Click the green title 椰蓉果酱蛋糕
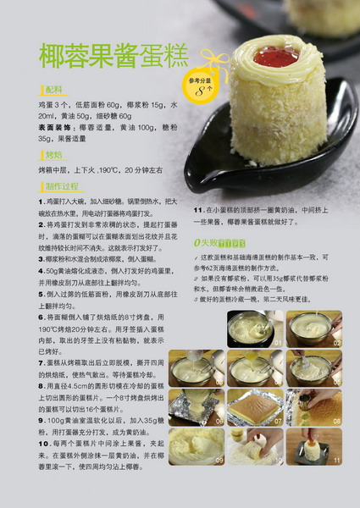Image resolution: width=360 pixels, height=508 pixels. [114, 55]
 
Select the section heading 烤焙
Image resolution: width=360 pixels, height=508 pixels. [54, 155]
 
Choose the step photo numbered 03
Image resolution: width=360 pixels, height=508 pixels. [192, 368]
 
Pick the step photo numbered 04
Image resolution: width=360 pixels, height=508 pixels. [250, 368]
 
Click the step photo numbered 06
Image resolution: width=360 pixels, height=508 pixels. [192, 407]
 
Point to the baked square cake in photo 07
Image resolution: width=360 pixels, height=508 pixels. [250, 407]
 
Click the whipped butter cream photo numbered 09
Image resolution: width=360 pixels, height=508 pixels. [192, 446]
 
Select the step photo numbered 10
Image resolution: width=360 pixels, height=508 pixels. [250, 446]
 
